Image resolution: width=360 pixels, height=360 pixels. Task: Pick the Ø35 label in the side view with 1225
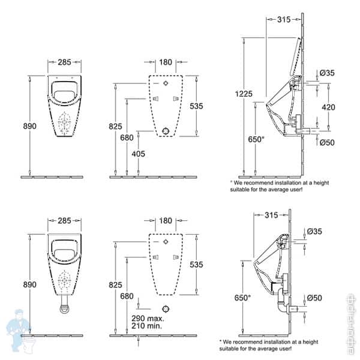tap(327, 73)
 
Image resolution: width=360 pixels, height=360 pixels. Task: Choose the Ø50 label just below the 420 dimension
tap(327, 142)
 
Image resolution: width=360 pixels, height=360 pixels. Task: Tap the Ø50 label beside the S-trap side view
tap(314, 298)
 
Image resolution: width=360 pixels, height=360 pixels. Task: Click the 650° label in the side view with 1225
tap(256, 139)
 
